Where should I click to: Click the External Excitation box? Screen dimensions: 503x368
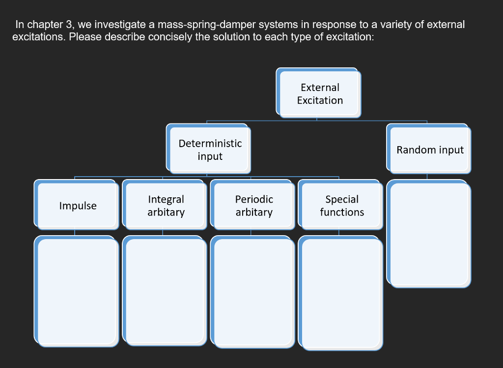[x=318, y=93]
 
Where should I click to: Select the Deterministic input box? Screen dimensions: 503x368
[x=208, y=149]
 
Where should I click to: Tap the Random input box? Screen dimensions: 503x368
[x=429, y=149]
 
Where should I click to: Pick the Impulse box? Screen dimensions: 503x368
[x=76, y=205]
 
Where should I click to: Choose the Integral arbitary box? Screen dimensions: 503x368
[x=165, y=205]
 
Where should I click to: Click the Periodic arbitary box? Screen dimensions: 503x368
[x=252, y=205]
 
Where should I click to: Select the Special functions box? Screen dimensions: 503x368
[x=341, y=205]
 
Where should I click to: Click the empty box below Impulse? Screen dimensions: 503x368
[x=76, y=291]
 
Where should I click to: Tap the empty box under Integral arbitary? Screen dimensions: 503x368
[x=165, y=291]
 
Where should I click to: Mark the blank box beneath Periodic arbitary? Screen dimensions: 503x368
[x=252, y=292]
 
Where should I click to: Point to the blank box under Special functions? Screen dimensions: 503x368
[x=341, y=293]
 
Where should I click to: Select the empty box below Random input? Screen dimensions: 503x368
[x=429, y=234]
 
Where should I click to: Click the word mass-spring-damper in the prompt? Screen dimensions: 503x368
[x=207, y=25]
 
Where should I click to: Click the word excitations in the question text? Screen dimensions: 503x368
[x=39, y=37]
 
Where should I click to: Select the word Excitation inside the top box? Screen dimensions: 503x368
[x=320, y=100]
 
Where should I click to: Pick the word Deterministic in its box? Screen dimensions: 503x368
[x=210, y=143]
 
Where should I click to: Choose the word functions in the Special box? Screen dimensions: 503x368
[x=342, y=212]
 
